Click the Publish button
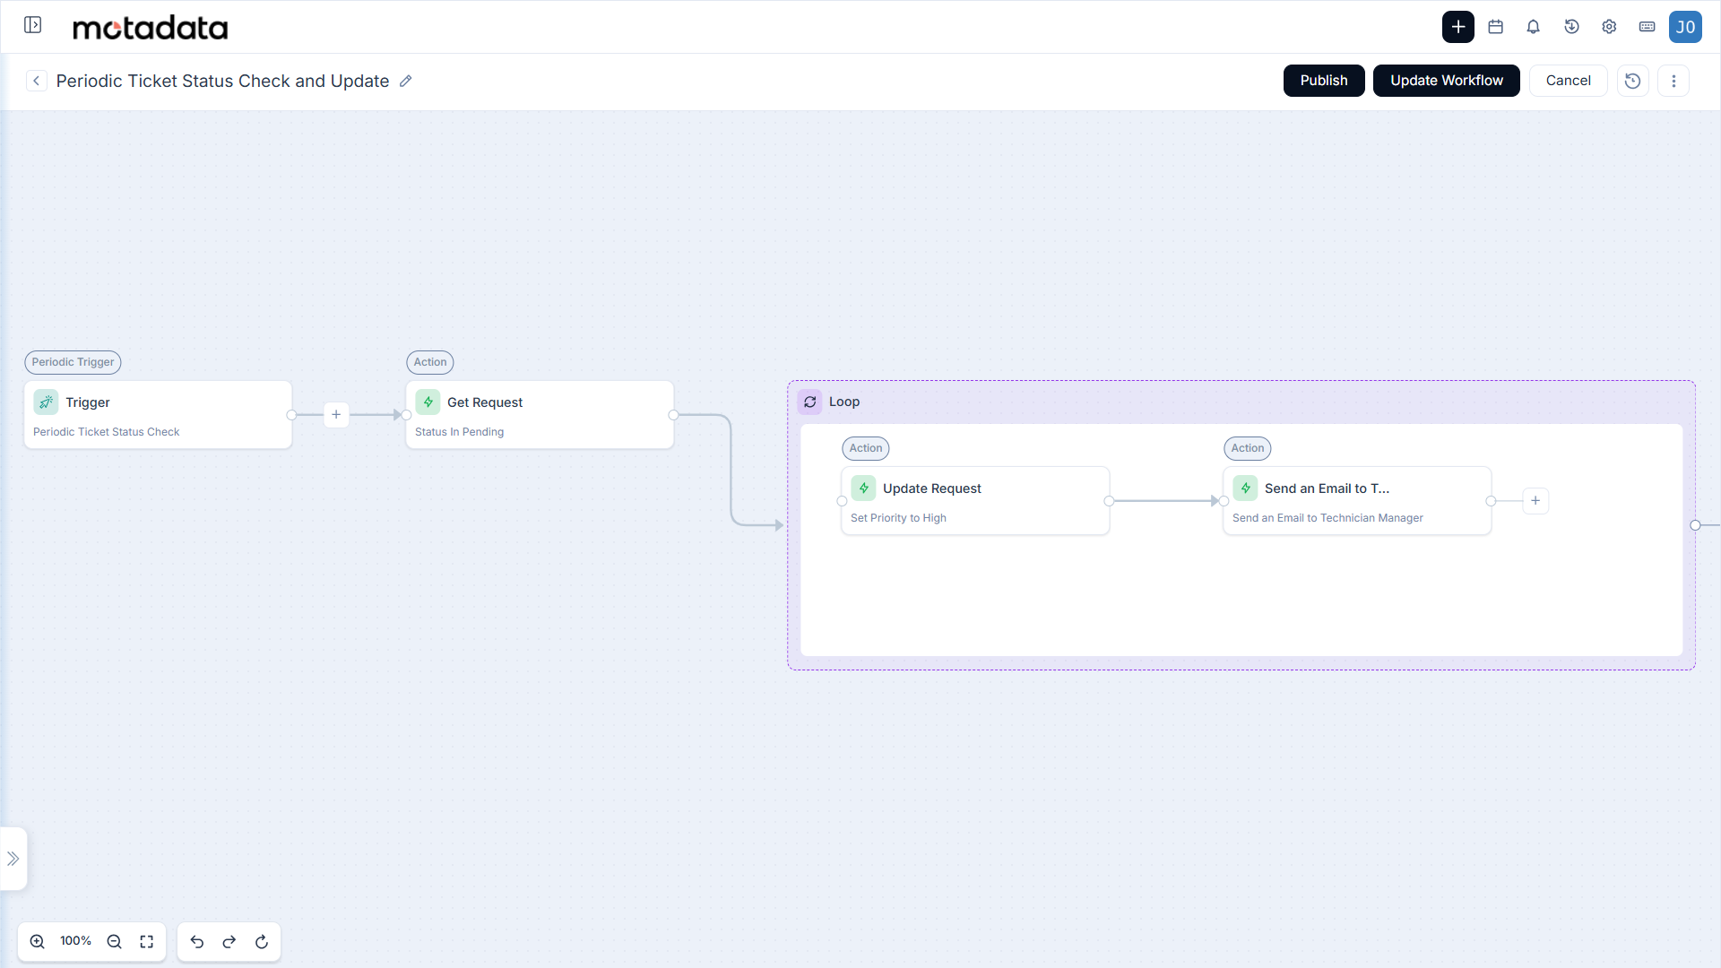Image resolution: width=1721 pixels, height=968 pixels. [1324, 81]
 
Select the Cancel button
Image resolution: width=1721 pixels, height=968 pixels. [1568, 81]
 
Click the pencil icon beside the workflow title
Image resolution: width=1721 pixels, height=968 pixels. [405, 81]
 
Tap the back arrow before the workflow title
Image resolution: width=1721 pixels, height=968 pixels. [36, 81]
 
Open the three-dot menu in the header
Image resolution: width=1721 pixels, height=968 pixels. [1673, 81]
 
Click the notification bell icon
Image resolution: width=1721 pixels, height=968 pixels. [1534, 27]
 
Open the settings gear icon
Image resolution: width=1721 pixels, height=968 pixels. [1609, 27]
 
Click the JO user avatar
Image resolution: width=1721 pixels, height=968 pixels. [1685, 27]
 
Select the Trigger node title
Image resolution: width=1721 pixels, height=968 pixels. [88, 402]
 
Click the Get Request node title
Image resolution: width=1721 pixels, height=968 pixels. [485, 402]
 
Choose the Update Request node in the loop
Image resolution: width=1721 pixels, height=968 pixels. [975, 501]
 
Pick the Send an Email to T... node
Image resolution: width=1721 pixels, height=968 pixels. [1357, 501]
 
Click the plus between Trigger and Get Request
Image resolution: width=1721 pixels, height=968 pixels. [336, 414]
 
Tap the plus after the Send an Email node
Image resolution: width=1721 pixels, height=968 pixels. [1535, 501]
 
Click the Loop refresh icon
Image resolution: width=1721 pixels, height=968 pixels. [810, 402]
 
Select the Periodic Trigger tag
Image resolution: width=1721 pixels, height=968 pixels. [73, 362]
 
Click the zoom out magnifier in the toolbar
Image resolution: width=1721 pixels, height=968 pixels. [114, 941]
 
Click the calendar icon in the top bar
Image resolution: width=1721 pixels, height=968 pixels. [1495, 27]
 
